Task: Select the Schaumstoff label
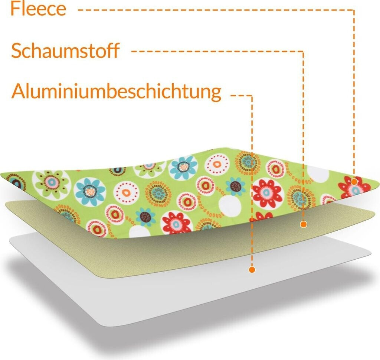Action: pyautogui.click(x=65, y=51)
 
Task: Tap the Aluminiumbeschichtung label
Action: pyautogui.click(x=116, y=91)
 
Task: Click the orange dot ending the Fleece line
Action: pyautogui.click(x=354, y=182)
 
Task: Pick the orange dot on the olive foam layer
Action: pyautogui.click(x=304, y=224)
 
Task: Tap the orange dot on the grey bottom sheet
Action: pyautogui.click(x=252, y=269)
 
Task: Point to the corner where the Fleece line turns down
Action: pyautogui.click(x=354, y=10)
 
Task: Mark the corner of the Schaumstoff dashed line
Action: pyautogui.click(x=304, y=51)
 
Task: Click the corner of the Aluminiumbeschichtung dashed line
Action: pyautogui.click(x=252, y=96)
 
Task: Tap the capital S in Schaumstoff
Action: pyautogui.click(x=17, y=51)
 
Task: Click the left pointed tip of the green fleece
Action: pyautogui.click(x=2, y=175)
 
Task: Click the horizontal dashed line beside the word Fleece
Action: pyautogui.click(x=215, y=10)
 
